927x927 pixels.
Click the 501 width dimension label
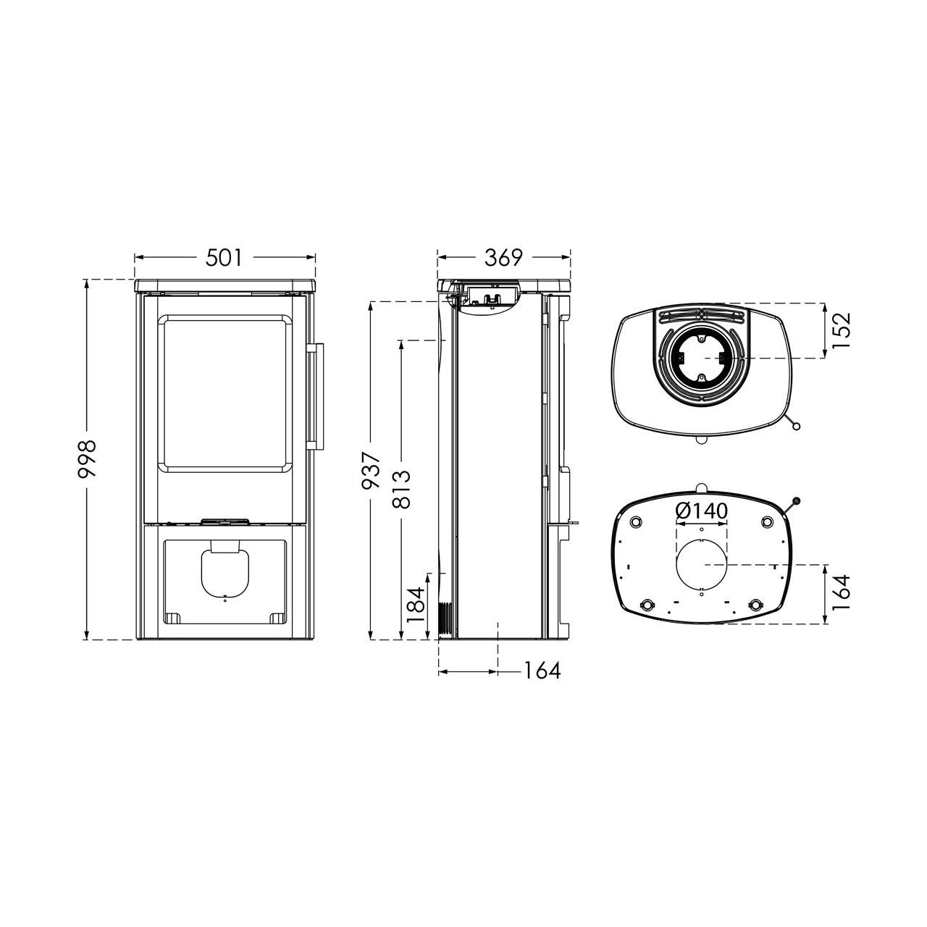coord(224,258)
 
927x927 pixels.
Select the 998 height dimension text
coord(87,459)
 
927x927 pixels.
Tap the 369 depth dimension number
coord(503,258)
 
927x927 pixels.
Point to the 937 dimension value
coord(372,471)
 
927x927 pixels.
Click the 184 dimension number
coord(416,605)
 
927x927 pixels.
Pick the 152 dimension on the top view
coord(841,331)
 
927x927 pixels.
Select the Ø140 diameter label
coord(701,511)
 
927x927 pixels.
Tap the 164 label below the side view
coord(542,671)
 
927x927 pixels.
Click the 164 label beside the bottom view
coord(841,593)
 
